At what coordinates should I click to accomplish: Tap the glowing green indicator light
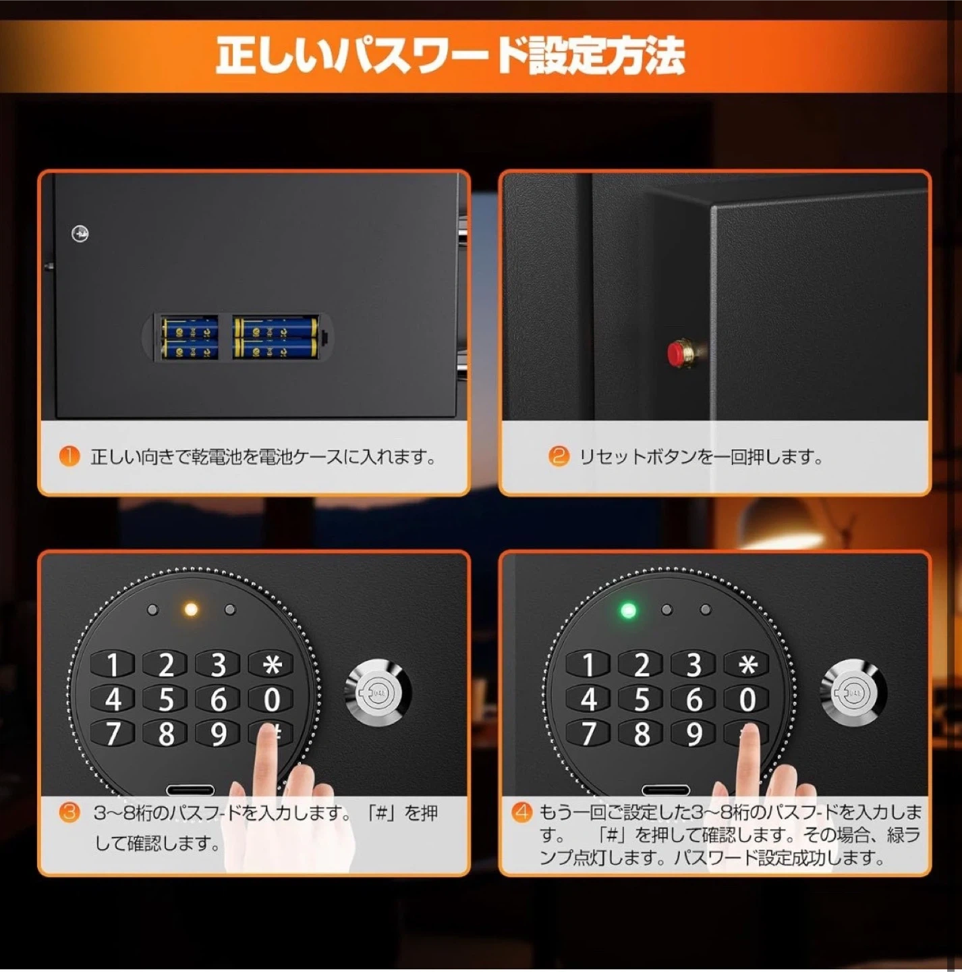tap(628, 611)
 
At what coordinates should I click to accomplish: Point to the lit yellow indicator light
tap(191, 610)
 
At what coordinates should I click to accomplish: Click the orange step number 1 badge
tap(69, 456)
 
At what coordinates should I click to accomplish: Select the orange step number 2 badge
tap(559, 456)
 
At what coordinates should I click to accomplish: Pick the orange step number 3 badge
tap(69, 813)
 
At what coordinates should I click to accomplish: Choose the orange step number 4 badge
tap(522, 812)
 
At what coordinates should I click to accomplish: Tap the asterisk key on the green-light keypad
tap(747, 664)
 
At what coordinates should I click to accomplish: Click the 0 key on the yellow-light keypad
tap(272, 699)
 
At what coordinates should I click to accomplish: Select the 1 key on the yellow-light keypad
tap(113, 664)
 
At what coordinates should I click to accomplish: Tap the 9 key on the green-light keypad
tap(694, 734)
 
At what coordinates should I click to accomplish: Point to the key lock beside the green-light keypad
tap(853, 693)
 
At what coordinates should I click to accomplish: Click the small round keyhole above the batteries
tap(80, 234)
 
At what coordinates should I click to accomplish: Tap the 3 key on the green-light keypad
tap(694, 664)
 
